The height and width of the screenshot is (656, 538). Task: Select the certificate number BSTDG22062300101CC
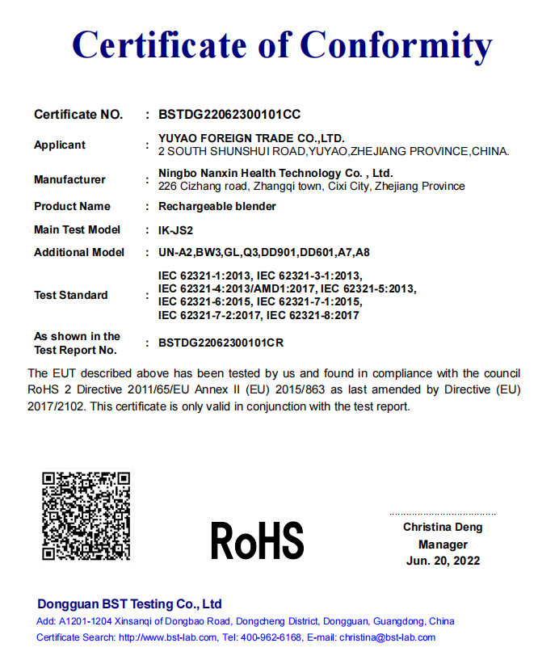[229, 115]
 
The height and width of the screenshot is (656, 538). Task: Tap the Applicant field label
[60, 145]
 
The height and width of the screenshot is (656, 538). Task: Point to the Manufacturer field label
[69, 179]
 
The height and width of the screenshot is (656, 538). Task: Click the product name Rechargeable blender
[217, 206]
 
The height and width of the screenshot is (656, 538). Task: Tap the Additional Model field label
[79, 252]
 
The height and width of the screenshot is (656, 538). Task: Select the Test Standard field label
[70, 295]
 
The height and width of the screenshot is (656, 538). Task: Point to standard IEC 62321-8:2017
[313, 315]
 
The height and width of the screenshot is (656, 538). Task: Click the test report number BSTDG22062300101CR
[221, 343]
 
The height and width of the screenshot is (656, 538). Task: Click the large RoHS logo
[257, 540]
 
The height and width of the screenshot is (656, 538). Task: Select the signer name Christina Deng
[443, 527]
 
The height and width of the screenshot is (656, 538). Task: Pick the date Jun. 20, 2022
[443, 561]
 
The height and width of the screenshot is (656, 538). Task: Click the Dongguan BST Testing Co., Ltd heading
[129, 603]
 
